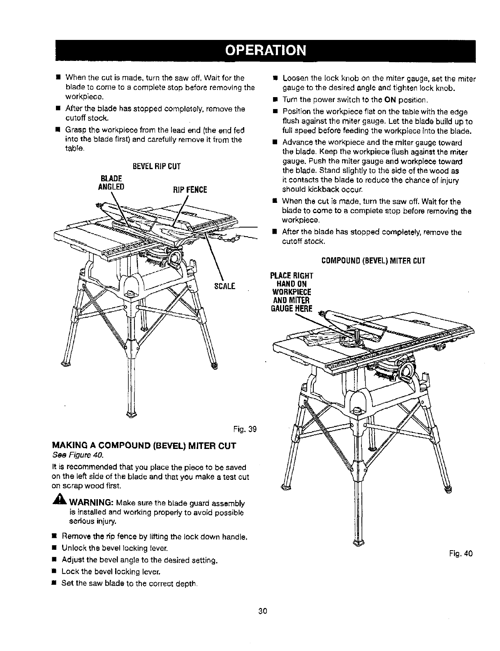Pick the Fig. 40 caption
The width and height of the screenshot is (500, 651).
pos(463,553)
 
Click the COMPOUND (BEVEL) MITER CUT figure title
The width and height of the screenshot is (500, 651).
pos(373,260)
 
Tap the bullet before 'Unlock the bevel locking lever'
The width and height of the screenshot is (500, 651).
pos(53,548)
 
